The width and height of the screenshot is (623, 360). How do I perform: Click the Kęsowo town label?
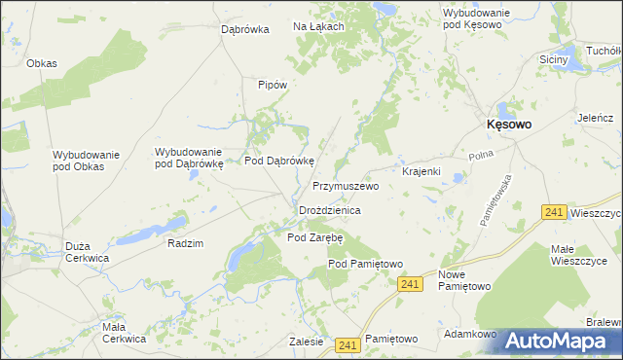tap(508, 125)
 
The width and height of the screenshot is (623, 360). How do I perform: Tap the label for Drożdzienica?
tap(330, 210)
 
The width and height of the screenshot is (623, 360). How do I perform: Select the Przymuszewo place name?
tap(345, 185)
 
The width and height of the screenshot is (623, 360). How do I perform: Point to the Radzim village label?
tap(185, 243)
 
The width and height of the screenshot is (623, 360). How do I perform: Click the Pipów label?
tap(272, 85)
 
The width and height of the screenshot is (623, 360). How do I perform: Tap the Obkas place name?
tap(42, 63)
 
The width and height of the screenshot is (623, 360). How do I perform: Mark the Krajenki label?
tap(421, 171)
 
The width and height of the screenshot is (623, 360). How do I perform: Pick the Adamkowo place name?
tap(470, 334)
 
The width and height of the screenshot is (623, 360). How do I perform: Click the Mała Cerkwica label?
tap(124, 333)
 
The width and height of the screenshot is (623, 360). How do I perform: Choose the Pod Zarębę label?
tap(315, 237)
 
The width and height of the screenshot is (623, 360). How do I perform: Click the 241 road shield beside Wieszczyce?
tap(554, 212)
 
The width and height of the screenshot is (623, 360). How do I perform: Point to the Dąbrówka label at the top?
tap(244, 30)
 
